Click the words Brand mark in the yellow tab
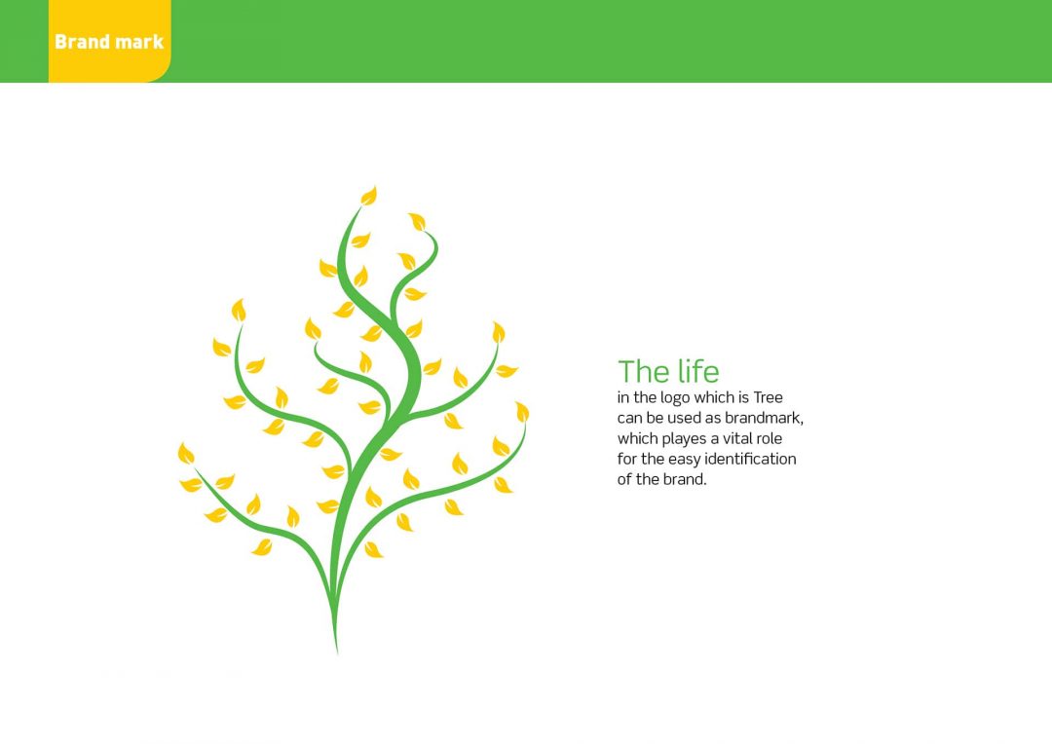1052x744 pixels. pos(109,42)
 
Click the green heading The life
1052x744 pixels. pos(668,371)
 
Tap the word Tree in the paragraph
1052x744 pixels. pos(768,397)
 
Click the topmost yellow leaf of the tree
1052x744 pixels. pos(369,195)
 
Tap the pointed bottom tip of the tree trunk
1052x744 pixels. pos(337,653)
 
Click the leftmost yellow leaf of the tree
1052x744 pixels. pos(186,454)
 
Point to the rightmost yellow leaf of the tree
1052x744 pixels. pos(522,412)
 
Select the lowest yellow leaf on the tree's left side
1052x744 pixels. pos(262,547)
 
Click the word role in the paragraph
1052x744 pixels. pos(769,439)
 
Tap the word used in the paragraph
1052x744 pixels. pos(684,418)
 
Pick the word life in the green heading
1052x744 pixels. pos(697,371)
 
